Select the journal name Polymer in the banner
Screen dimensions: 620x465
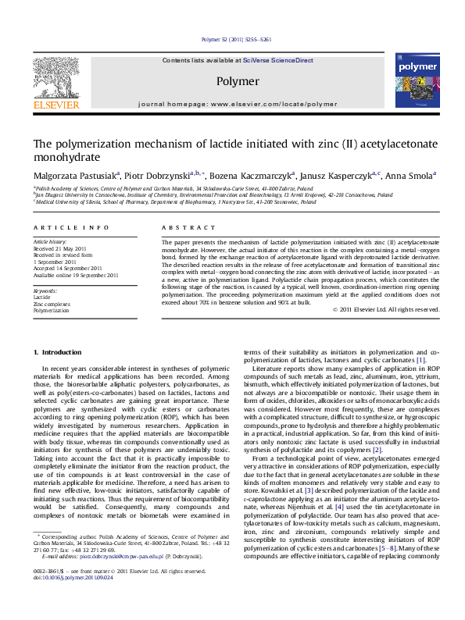coord(237,80)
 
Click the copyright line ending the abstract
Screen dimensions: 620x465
coord(398,309)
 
